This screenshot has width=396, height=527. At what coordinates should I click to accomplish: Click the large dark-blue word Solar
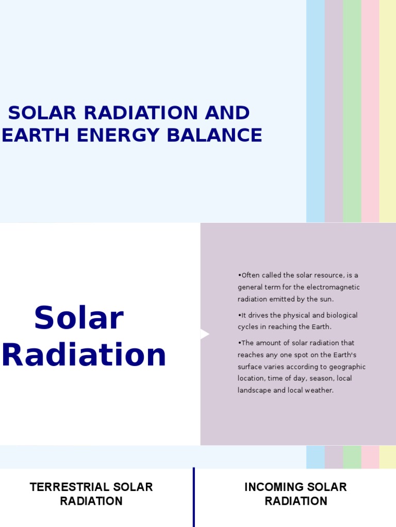(79, 318)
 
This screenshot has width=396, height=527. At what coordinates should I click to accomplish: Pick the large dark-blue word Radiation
(85, 355)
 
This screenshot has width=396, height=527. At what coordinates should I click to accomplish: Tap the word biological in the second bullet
(338, 315)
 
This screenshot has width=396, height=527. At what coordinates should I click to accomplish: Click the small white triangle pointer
(204, 335)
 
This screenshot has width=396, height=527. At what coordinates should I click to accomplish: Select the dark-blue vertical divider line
(194, 497)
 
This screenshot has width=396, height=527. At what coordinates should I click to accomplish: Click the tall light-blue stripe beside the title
(316, 111)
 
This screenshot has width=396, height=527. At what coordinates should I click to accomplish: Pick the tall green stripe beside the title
(352, 111)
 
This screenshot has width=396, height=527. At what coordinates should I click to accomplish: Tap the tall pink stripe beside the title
(370, 111)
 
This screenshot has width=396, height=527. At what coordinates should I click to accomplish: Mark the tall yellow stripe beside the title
(388, 111)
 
